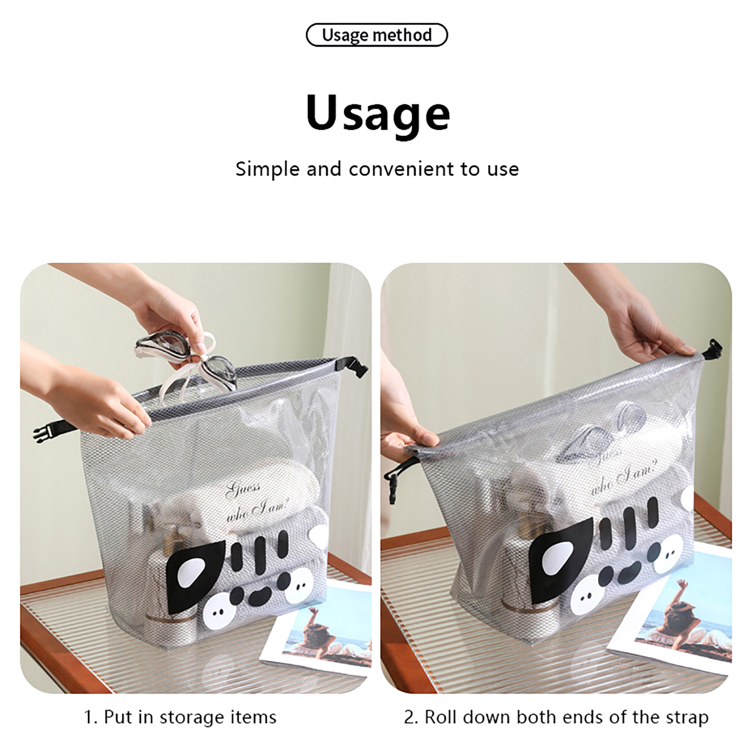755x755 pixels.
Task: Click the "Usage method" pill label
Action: click(x=377, y=35)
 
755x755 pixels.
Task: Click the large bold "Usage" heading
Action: click(x=378, y=113)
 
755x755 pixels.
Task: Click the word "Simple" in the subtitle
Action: click(x=268, y=169)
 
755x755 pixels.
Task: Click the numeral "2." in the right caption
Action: click(x=412, y=718)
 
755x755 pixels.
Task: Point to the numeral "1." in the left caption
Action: click(x=91, y=718)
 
